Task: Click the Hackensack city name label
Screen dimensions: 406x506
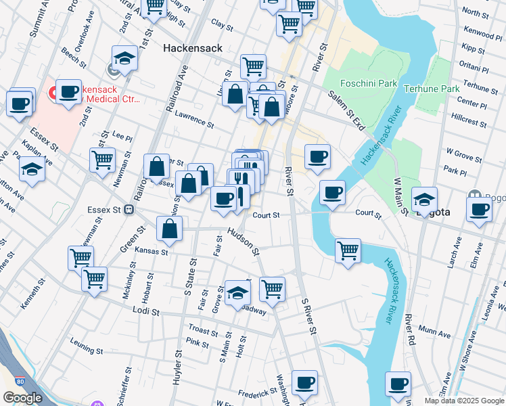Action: click(x=193, y=49)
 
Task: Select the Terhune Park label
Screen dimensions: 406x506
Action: click(x=431, y=89)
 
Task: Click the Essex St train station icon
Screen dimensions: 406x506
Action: click(x=128, y=209)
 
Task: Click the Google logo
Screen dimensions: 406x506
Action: click(x=22, y=398)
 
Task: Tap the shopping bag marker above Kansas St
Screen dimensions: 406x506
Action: click(x=169, y=231)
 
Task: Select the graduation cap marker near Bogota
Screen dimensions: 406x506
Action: click(x=424, y=200)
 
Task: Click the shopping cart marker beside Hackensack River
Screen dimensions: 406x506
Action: click(x=348, y=250)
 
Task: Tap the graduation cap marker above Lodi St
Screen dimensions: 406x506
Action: click(x=237, y=292)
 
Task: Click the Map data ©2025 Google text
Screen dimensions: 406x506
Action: click(x=463, y=401)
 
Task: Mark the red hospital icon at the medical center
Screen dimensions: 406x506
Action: click(x=52, y=91)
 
